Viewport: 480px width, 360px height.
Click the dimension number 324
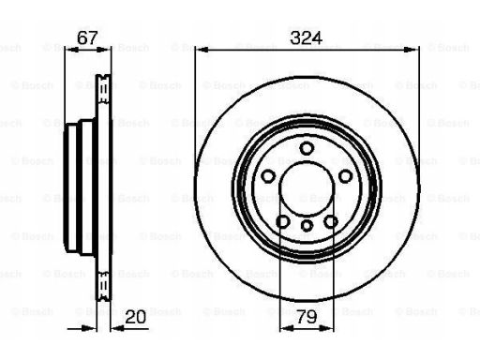(306, 38)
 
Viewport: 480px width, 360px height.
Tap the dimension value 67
(87, 38)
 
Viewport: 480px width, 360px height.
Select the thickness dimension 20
(136, 317)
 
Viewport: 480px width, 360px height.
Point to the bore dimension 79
(307, 317)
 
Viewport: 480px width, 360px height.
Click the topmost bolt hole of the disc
(307, 148)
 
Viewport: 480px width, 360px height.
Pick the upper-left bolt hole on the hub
(268, 176)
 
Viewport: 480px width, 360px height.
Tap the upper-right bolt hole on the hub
(345, 176)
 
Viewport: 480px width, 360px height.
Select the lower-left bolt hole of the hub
(283, 221)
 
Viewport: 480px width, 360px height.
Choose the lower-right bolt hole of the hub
(331, 221)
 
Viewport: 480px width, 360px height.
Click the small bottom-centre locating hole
(307, 225)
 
